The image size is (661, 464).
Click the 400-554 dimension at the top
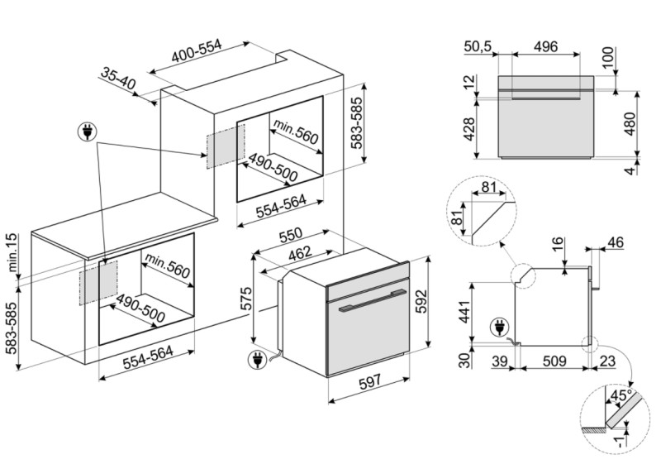[x=197, y=51]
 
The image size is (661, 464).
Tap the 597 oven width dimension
[x=369, y=381]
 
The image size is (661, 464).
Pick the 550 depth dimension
[x=291, y=235]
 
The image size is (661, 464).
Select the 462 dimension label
[x=300, y=253]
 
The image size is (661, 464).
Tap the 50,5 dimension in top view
[x=478, y=46]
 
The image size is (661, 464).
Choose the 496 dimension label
[x=545, y=46]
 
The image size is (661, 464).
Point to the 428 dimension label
[x=468, y=129]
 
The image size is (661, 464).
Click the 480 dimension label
[x=630, y=124]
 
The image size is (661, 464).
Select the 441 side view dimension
[x=464, y=312]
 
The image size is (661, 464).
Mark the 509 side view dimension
[x=554, y=361]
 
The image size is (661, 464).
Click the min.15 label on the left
[x=12, y=252]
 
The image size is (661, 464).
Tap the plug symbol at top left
[x=88, y=132]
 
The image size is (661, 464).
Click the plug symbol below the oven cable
[x=258, y=360]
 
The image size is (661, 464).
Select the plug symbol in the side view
[x=500, y=328]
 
